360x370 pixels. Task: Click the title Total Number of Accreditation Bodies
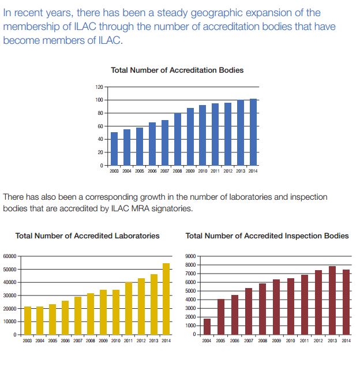coord(177,70)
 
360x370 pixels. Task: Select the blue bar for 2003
coord(114,149)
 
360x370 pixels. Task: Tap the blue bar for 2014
coord(253,132)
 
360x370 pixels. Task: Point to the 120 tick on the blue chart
coord(99,87)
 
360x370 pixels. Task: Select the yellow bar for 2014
coord(167,299)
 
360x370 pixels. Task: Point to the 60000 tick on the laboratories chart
coord(11,256)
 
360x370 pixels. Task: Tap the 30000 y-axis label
coord(11,296)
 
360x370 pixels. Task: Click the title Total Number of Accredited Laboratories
coord(88,236)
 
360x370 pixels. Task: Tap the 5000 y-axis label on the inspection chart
coord(193,291)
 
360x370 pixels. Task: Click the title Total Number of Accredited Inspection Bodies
coord(267,236)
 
